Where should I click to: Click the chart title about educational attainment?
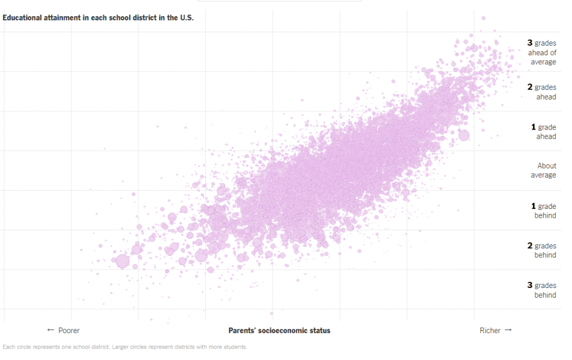pos(98,17)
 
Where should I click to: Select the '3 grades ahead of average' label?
pos(542,52)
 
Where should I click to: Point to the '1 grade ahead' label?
pos(544,131)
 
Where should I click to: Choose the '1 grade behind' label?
pos(544,211)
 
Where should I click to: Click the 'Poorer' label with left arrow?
pos(63,331)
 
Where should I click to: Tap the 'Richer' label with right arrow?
pos(496,331)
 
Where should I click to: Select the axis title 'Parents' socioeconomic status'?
pos(279,331)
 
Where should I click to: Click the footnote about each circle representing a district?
pos(125,347)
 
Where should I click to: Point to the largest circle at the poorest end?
pos(122,261)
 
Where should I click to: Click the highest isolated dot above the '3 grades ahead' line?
pos(483,18)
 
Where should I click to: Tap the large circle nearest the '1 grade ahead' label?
pos(463,135)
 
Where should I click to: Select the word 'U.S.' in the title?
pos(187,17)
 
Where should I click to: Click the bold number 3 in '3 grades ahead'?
pos(530,43)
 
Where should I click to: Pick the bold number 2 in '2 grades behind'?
pos(530,246)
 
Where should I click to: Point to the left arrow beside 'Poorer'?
pos(50,331)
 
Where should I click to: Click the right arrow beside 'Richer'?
pos(508,331)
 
